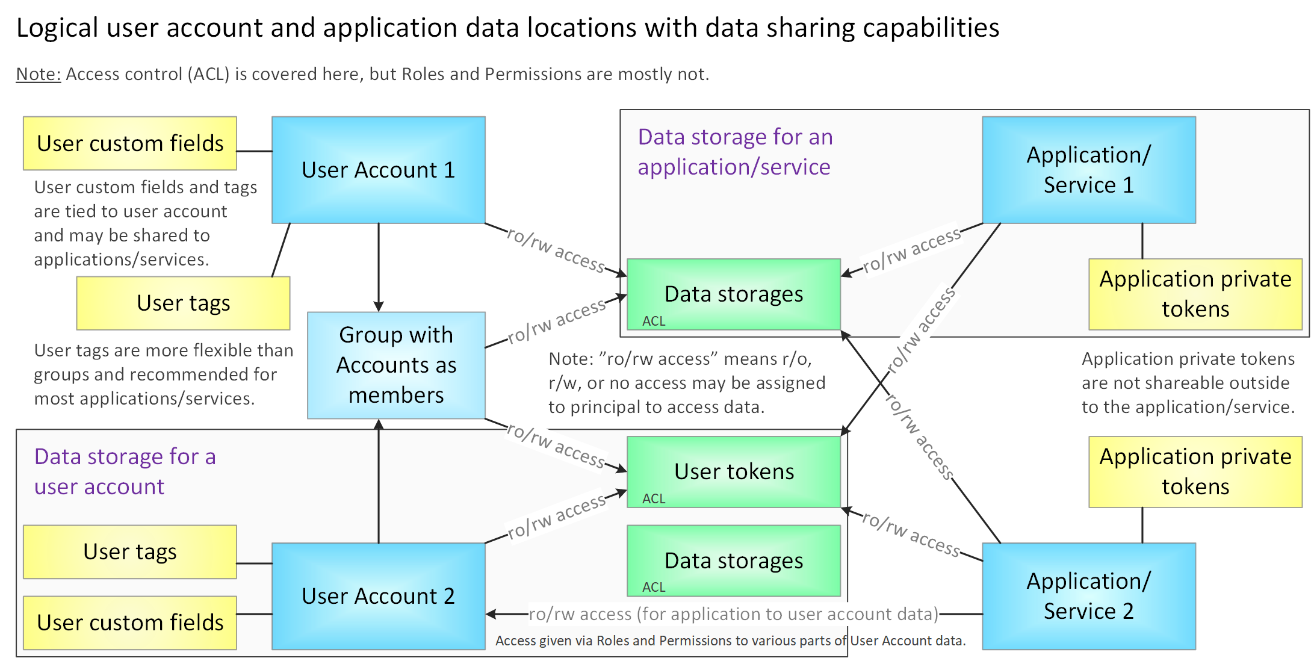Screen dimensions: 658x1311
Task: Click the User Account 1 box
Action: tap(378, 170)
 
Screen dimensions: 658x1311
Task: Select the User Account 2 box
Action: tap(378, 596)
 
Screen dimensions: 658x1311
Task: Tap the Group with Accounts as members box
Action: tap(396, 365)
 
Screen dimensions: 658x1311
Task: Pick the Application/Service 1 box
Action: tap(1088, 170)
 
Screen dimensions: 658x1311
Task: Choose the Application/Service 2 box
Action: tap(1088, 596)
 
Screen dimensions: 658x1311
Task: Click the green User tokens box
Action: tap(733, 471)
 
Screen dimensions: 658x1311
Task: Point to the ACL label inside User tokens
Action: tap(654, 498)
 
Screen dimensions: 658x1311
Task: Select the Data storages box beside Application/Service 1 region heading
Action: tap(733, 294)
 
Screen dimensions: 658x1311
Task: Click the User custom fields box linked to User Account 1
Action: tap(130, 143)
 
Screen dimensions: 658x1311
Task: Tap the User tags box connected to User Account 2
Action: tap(130, 551)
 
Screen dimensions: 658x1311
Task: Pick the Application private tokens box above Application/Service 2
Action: tap(1195, 471)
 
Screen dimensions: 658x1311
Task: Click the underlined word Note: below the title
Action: tap(39, 74)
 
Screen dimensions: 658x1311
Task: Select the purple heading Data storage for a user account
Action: tap(125, 471)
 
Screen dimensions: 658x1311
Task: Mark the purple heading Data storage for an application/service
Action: tap(735, 152)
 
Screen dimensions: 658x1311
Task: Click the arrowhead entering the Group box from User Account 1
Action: tap(379, 306)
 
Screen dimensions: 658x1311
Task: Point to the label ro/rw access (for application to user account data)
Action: tap(733, 614)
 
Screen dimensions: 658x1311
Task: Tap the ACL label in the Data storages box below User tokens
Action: tap(654, 587)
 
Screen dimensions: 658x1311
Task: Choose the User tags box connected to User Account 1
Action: tap(183, 303)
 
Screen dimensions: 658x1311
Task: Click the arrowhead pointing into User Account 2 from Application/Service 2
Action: tap(491, 614)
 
